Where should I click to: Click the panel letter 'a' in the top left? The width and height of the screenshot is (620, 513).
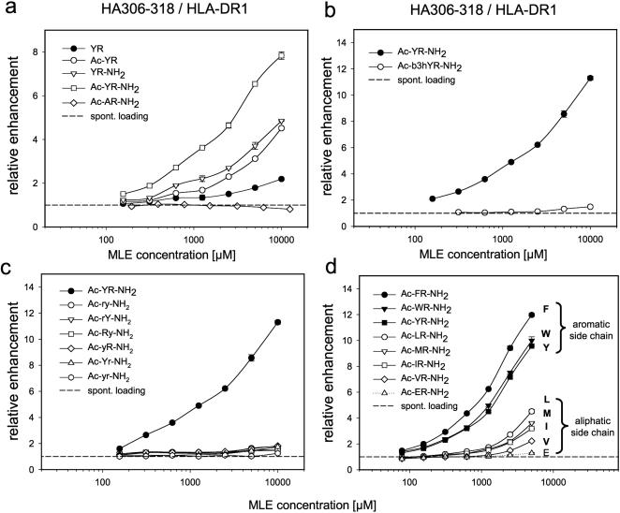(8, 10)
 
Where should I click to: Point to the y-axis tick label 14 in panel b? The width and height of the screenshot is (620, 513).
(364, 42)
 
